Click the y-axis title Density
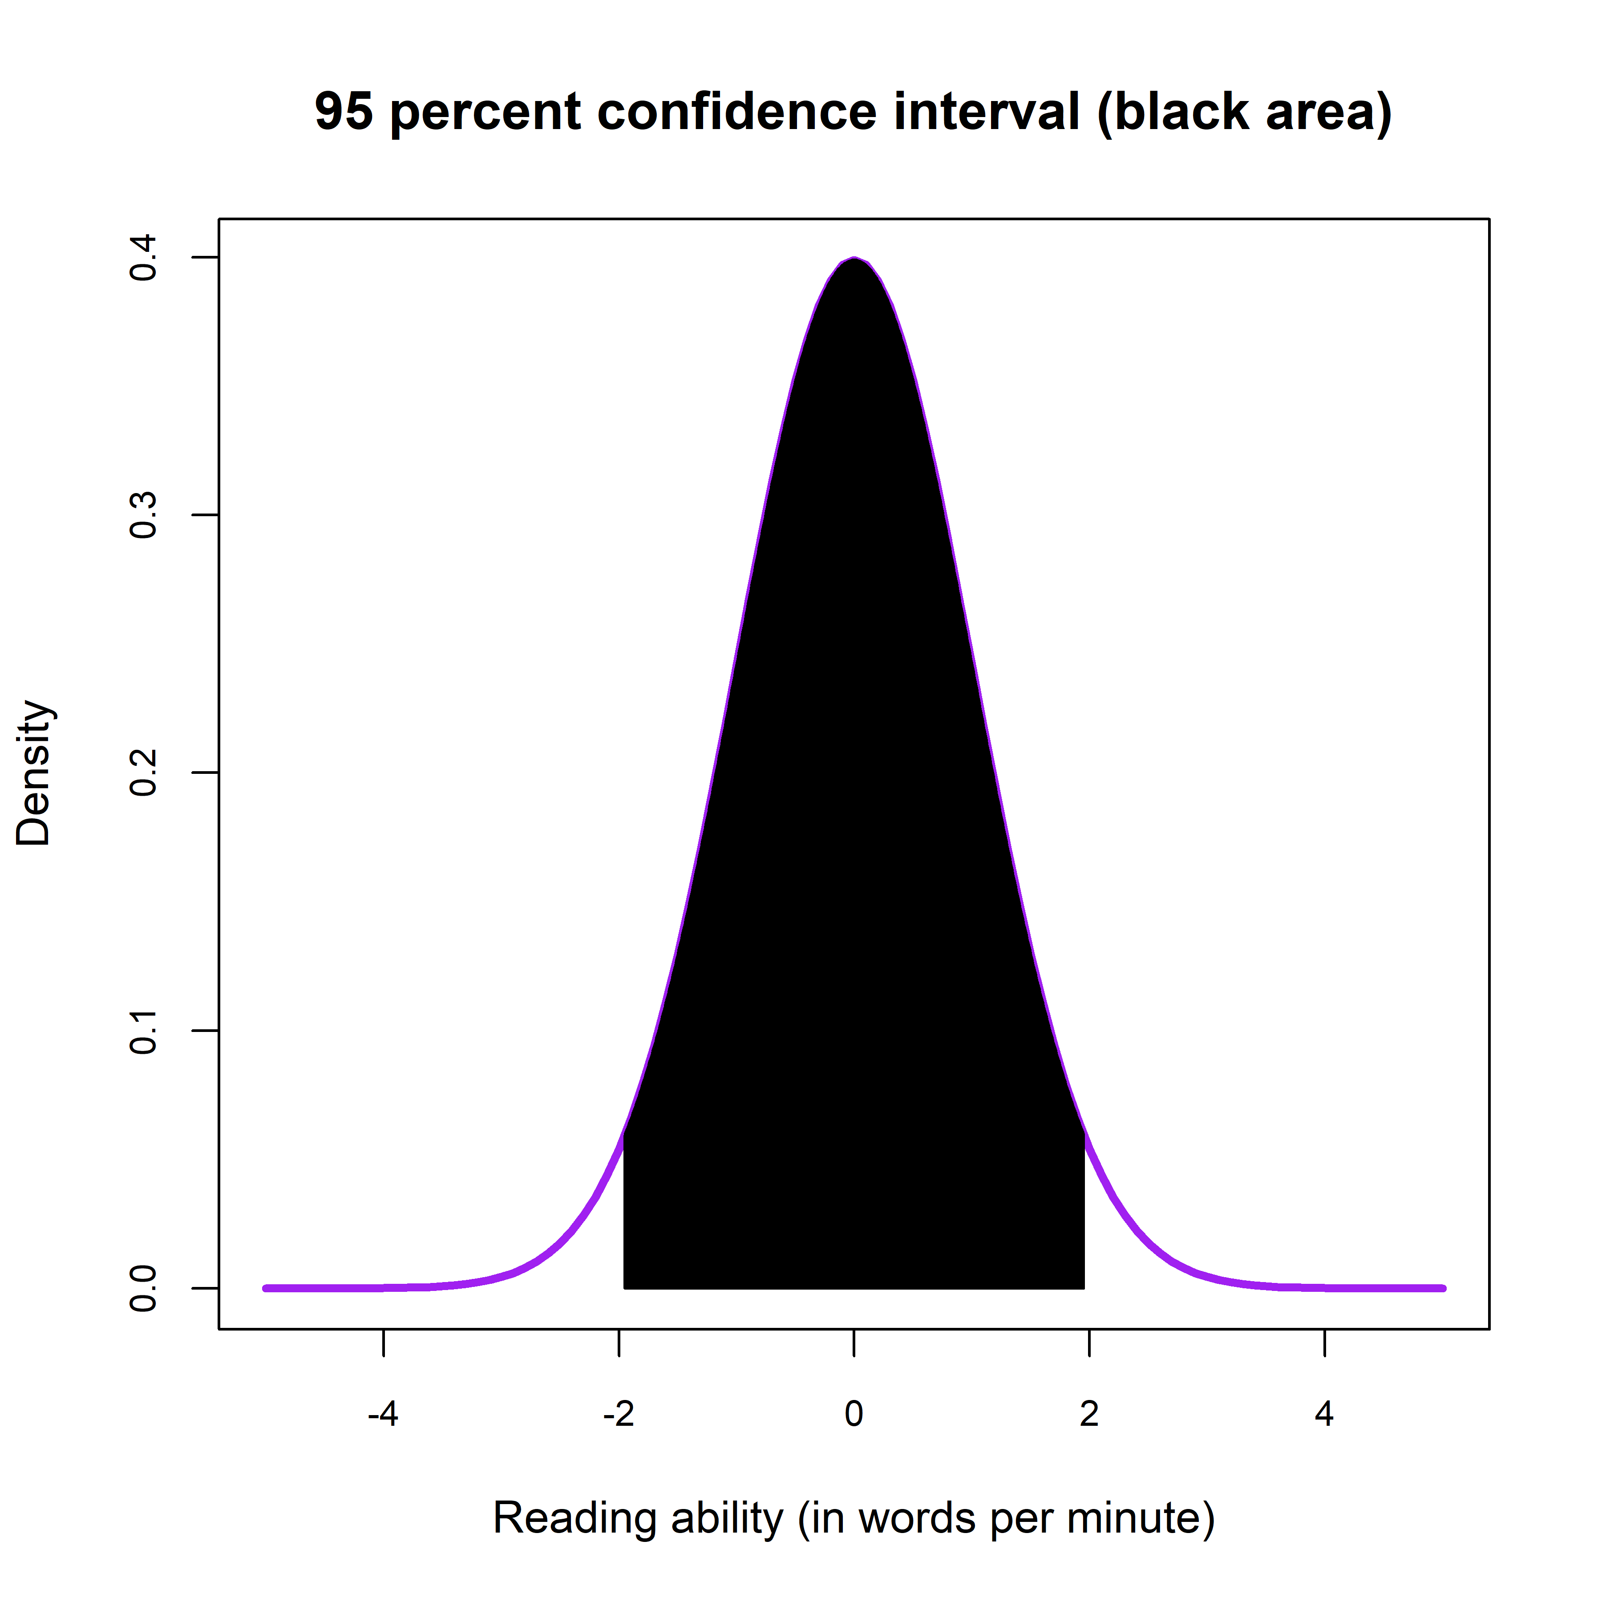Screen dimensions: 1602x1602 pyautogui.click(x=35, y=773)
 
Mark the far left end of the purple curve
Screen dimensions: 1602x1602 pyautogui.click(x=265, y=1288)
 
